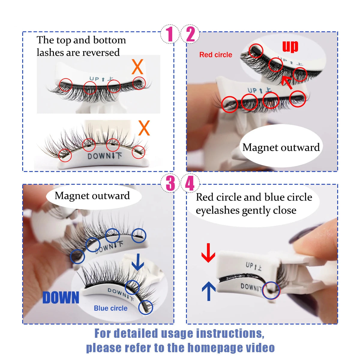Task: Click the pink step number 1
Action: click(x=170, y=34)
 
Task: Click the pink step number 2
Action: click(x=190, y=34)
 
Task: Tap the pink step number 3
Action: click(x=170, y=184)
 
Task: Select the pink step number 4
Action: click(x=190, y=184)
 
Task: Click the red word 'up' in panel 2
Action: click(x=290, y=46)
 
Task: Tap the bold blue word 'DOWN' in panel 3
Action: click(x=61, y=298)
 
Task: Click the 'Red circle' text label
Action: click(x=216, y=55)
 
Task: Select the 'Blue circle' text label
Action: click(x=110, y=308)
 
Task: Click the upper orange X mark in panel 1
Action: click(x=137, y=67)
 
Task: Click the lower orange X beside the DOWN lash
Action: click(x=144, y=128)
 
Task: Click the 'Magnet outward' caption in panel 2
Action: click(x=281, y=148)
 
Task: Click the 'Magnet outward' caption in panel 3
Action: click(x=92, y=196)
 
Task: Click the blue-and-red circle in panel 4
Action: click(x=271, y=290)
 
